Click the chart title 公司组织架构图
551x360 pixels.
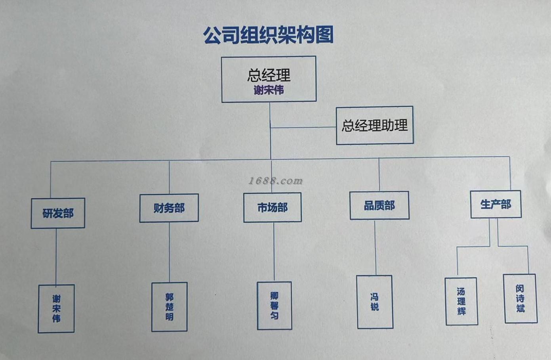pyautogui.click(x=268, y=35)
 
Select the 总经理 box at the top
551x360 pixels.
pyautogui.click(x=269, y=79)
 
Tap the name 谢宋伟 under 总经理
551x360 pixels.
pyautogui.click(x=269, y=90)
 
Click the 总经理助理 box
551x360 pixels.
pyautogui.click(x=374, y=125)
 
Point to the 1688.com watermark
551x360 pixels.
pyautogui.click(x=275, y=181)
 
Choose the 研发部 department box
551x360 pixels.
pyautogui.click(x=58, y=213)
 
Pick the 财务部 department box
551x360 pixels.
pyautogui.click(x=169, y=208)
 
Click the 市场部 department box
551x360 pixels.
pyautogui.click(x=272, y=207)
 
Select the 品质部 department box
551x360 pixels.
pyautogui.click(x=379, y=205)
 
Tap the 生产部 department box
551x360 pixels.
pyautogui.click(x=496, y=205)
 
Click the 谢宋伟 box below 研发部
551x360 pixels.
pyautogui.click(x=56, y=308)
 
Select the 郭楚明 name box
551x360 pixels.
pyautogui.click(x=169, y=307)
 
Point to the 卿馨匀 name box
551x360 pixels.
pyautogui.click(x=274, y=306)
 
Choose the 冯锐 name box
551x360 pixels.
pyautogui.click(x=374, y=302)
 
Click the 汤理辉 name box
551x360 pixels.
pyautogui.click(x=461, y=301)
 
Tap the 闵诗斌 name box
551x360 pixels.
pyautogui.click(x=520, y=298)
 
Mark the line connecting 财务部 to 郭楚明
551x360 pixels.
pyautogui.click(x=170, y=252)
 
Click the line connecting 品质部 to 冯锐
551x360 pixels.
pyautogui.click(x=375, y=247)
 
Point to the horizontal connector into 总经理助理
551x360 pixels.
pyautogui.click(x=303, y=127)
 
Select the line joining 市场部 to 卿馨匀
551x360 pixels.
pyautogui.click(x=274, y=252)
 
